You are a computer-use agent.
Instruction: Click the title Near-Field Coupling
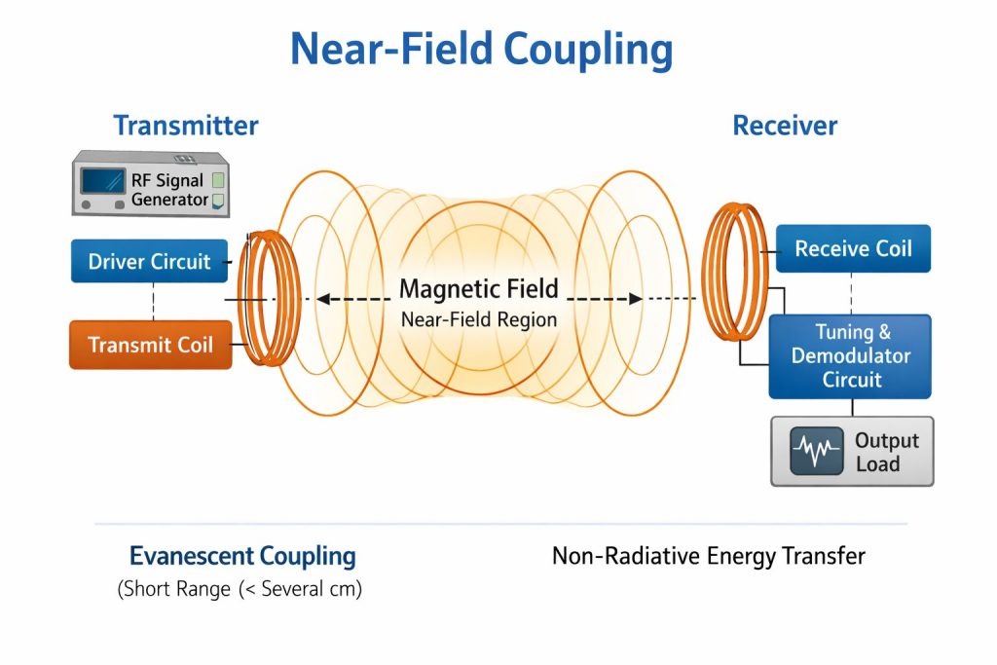[481, 49]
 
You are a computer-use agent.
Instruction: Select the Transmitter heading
[185, 126]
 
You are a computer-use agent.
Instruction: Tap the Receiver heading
[784, 126]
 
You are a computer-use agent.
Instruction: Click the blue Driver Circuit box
[149, 261]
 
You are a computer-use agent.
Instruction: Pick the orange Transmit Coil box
[150, 345]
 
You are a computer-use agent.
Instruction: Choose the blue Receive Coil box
[853, 248]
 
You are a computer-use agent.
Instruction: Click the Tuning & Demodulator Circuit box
[850, 356]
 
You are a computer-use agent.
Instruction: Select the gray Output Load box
[852, 451]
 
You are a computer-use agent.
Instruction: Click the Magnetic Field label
[479, 288]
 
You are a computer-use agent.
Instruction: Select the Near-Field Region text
[479, 318]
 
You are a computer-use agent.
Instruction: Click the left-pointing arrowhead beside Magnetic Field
[324, 299]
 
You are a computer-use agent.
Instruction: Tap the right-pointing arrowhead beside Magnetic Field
[634, 299]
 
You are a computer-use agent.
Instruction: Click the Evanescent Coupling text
[242, 557]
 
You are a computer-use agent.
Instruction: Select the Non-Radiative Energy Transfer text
[708, 556]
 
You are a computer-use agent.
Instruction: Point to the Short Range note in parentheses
[240, 589]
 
